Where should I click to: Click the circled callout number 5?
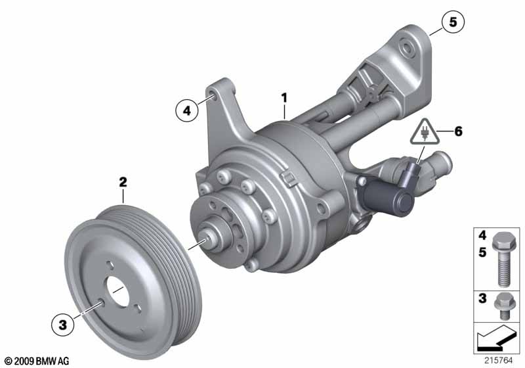pos(453,22)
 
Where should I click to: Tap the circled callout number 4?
pos(187,110)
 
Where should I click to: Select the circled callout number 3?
pos(62,325)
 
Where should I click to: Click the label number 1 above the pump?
pos(284,98)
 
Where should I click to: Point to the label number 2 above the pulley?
pos(123,182)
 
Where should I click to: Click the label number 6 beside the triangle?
pos(458,131)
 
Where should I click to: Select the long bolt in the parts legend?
pos(501,260)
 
